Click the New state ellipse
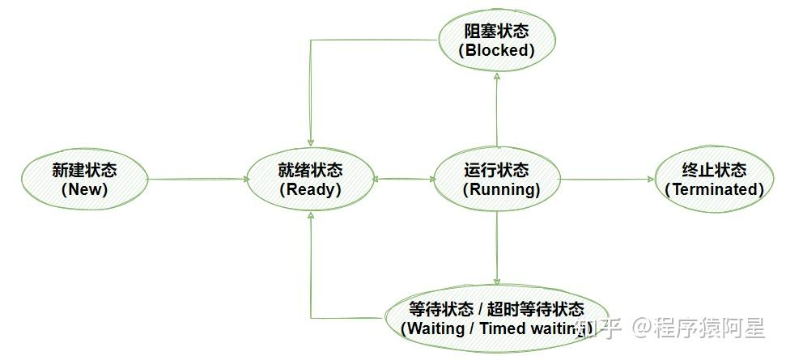(x=84, y=180)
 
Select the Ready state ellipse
(x=310, y=180)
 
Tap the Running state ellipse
(x=496, y=180)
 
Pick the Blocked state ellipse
(x=496, y=40)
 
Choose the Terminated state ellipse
(x=713, y=180)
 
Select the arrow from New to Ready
(x=198, y=180)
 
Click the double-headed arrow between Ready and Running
(x=404, y=180)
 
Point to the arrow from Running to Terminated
(x=607, y=180)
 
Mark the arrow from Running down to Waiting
(x=496, y=251)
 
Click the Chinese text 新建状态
(x=84, y=171)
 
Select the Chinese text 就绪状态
(x=310, y=171)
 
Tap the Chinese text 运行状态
(x=496, y=171)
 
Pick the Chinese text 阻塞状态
(x=496, y=31)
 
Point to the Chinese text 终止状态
(x=714, y=171)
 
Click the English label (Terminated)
(x=714, y=189)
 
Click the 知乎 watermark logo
(x=597, y=328)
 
